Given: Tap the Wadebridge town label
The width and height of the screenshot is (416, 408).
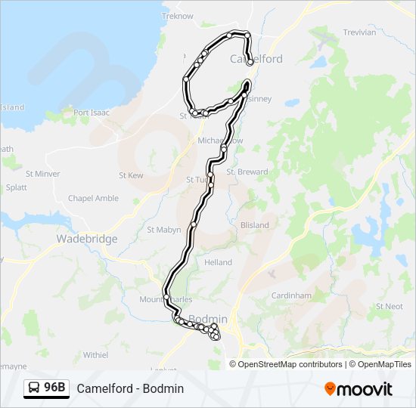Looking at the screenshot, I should tap(87, 239).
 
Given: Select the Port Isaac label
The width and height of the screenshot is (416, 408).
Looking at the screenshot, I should tap(92, 113).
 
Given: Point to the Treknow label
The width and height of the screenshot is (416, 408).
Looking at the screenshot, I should tap(178, 16).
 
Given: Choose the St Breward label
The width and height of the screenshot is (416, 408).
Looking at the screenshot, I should tap(247, 172).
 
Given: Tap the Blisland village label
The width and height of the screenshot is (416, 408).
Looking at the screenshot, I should tap(254, 225).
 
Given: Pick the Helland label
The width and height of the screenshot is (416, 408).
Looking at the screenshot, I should tap(218, 262).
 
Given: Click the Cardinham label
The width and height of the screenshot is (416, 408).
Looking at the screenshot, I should tap(292, 295).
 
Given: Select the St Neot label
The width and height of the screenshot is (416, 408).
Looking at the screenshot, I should tap(389, 307).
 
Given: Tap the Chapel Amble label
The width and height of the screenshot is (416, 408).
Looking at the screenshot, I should tap(93, 198).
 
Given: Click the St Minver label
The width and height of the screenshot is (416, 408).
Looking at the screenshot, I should tap(42, 174).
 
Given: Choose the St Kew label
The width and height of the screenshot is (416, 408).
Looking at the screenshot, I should tap(131, 175).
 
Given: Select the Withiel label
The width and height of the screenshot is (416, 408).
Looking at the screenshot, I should tap(96, 354).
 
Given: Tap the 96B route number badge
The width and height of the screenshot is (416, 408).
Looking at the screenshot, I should tap(46, 388).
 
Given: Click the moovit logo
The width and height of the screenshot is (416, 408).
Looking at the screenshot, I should tap(358, 388).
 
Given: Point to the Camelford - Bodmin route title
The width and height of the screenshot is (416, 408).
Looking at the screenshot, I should tap(130, 388).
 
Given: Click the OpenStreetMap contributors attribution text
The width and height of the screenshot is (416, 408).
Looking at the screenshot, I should tap(290, 364).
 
